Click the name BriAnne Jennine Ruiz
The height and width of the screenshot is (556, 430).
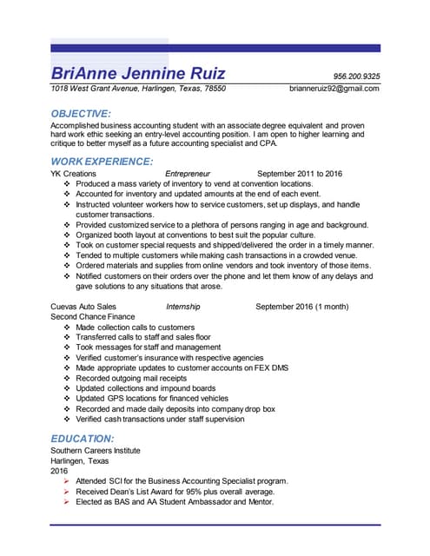pyautogui.click(x=138, y=72)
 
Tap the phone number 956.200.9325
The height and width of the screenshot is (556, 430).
pyautogui.click(x=357, y=76)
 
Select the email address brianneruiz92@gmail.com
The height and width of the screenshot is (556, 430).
pyautogui.click(x=334, y=89)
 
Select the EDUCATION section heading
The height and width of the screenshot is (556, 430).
pyautogui.click(x=82, y=439)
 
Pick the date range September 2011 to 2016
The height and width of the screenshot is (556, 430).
pyautogui.click(x=300, y=174)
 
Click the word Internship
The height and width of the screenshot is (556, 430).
pyautogui.click(x=182, y=307)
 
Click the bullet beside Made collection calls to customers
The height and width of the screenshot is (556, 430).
pyautogui.click(x=68, y=328)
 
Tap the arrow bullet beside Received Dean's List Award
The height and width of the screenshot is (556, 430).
pyautogui.click(x=68, y=492)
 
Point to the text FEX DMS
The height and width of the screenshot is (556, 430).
pyautogui.click(x=270, y=368)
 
